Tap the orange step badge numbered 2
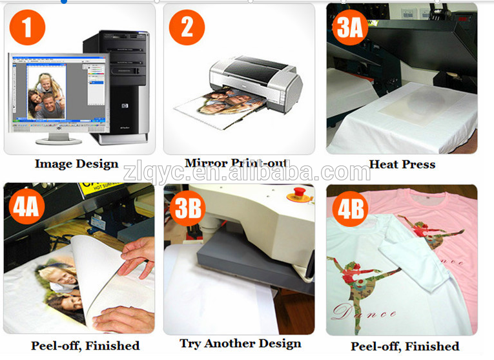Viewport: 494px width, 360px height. [187, 28]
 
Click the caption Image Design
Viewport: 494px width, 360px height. [76, 164]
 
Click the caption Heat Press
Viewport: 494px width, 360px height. [402, 164]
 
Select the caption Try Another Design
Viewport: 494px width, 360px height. [240, 343]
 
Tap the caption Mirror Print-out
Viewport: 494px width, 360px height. [236, 164]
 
